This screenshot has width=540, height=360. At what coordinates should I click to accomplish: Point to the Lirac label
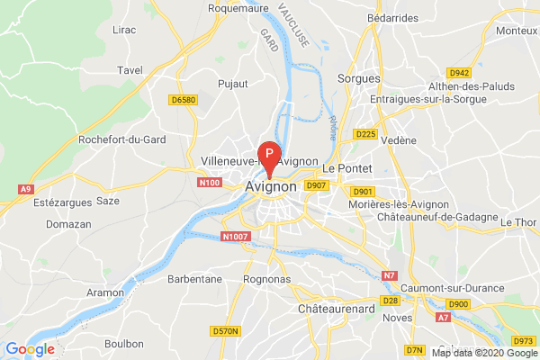tap(124, 30)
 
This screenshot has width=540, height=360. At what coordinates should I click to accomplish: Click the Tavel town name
tap(130, 69)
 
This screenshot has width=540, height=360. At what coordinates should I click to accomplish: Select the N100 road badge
tap(209, 183)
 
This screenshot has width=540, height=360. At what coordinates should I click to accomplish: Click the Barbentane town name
tap(194, 279)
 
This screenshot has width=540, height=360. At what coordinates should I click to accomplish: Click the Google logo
tap(30, 348)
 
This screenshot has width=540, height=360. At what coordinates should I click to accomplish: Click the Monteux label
tap(517, 31)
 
